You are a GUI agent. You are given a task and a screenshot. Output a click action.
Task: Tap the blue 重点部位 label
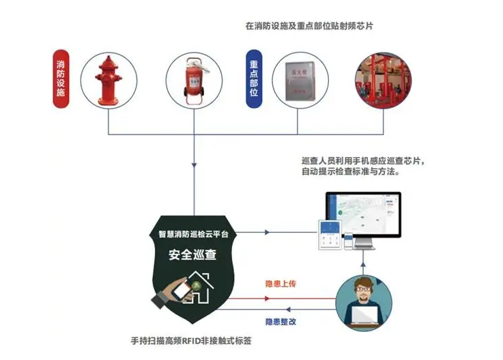[253, 78]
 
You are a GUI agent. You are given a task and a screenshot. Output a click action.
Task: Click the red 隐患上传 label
[281, 283]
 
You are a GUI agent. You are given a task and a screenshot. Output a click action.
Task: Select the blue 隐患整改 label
[281, 321]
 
